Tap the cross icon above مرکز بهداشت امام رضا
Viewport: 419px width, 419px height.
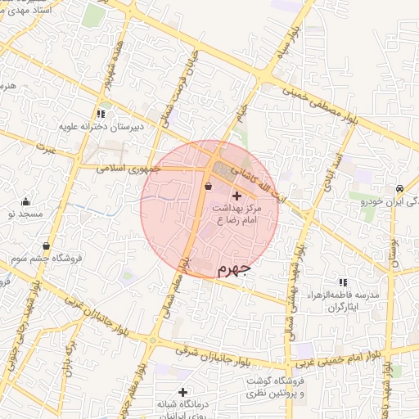click(x=237, y=196)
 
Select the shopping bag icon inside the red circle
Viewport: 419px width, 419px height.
click(x=208, y=187)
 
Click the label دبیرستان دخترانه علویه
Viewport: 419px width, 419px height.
click(x=101, y=127)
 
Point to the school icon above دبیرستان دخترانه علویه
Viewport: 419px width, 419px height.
click(x=101, y=114)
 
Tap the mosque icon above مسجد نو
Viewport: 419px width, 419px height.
click(x=25, y=201)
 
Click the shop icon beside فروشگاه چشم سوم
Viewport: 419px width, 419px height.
click(x=44, y=246)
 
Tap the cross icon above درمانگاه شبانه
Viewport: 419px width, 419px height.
click(x=182, y=392)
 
